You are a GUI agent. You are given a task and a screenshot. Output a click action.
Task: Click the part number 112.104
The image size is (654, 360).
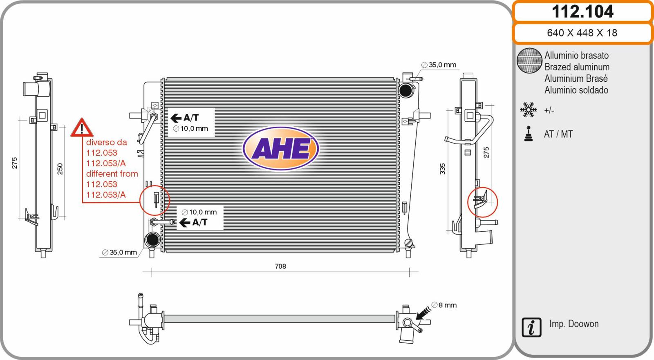(582, 12)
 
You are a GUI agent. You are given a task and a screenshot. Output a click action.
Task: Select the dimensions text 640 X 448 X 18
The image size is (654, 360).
(582, 33)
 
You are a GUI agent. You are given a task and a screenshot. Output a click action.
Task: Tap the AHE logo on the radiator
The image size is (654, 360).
(280, 148)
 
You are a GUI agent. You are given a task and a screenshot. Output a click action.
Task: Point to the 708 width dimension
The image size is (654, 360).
(280, 266)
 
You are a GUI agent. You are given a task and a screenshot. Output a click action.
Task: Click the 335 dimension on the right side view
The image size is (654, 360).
(442, 169)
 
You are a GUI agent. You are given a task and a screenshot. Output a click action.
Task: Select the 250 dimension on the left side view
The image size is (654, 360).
(60, 169)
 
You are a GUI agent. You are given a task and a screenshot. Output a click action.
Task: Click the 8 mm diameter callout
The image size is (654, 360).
(444, 305)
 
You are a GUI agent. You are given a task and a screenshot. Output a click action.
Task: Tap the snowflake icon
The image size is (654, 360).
(529, 110)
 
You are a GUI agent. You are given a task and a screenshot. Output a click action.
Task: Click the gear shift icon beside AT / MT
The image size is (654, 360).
(528, 134)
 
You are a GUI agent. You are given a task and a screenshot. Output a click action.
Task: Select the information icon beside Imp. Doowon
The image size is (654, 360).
(531, 327)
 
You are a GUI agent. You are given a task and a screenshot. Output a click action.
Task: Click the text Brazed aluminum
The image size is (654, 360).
(577, 67)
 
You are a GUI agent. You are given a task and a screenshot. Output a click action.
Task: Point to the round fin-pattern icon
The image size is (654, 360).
(529, 60)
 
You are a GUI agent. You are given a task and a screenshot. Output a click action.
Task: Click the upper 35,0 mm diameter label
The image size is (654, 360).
(439, 65)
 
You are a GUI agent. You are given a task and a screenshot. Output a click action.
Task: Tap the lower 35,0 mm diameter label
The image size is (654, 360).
(119, 252)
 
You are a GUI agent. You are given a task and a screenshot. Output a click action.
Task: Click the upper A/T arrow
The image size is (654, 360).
(176, 118)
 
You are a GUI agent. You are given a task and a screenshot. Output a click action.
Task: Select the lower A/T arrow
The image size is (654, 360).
(184, 223)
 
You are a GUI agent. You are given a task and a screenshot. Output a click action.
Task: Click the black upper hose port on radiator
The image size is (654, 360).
(405, 90)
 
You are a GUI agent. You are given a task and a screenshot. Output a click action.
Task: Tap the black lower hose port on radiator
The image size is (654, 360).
(152, 240)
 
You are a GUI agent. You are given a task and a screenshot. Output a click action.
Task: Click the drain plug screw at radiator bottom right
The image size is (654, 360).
(408, 243)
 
